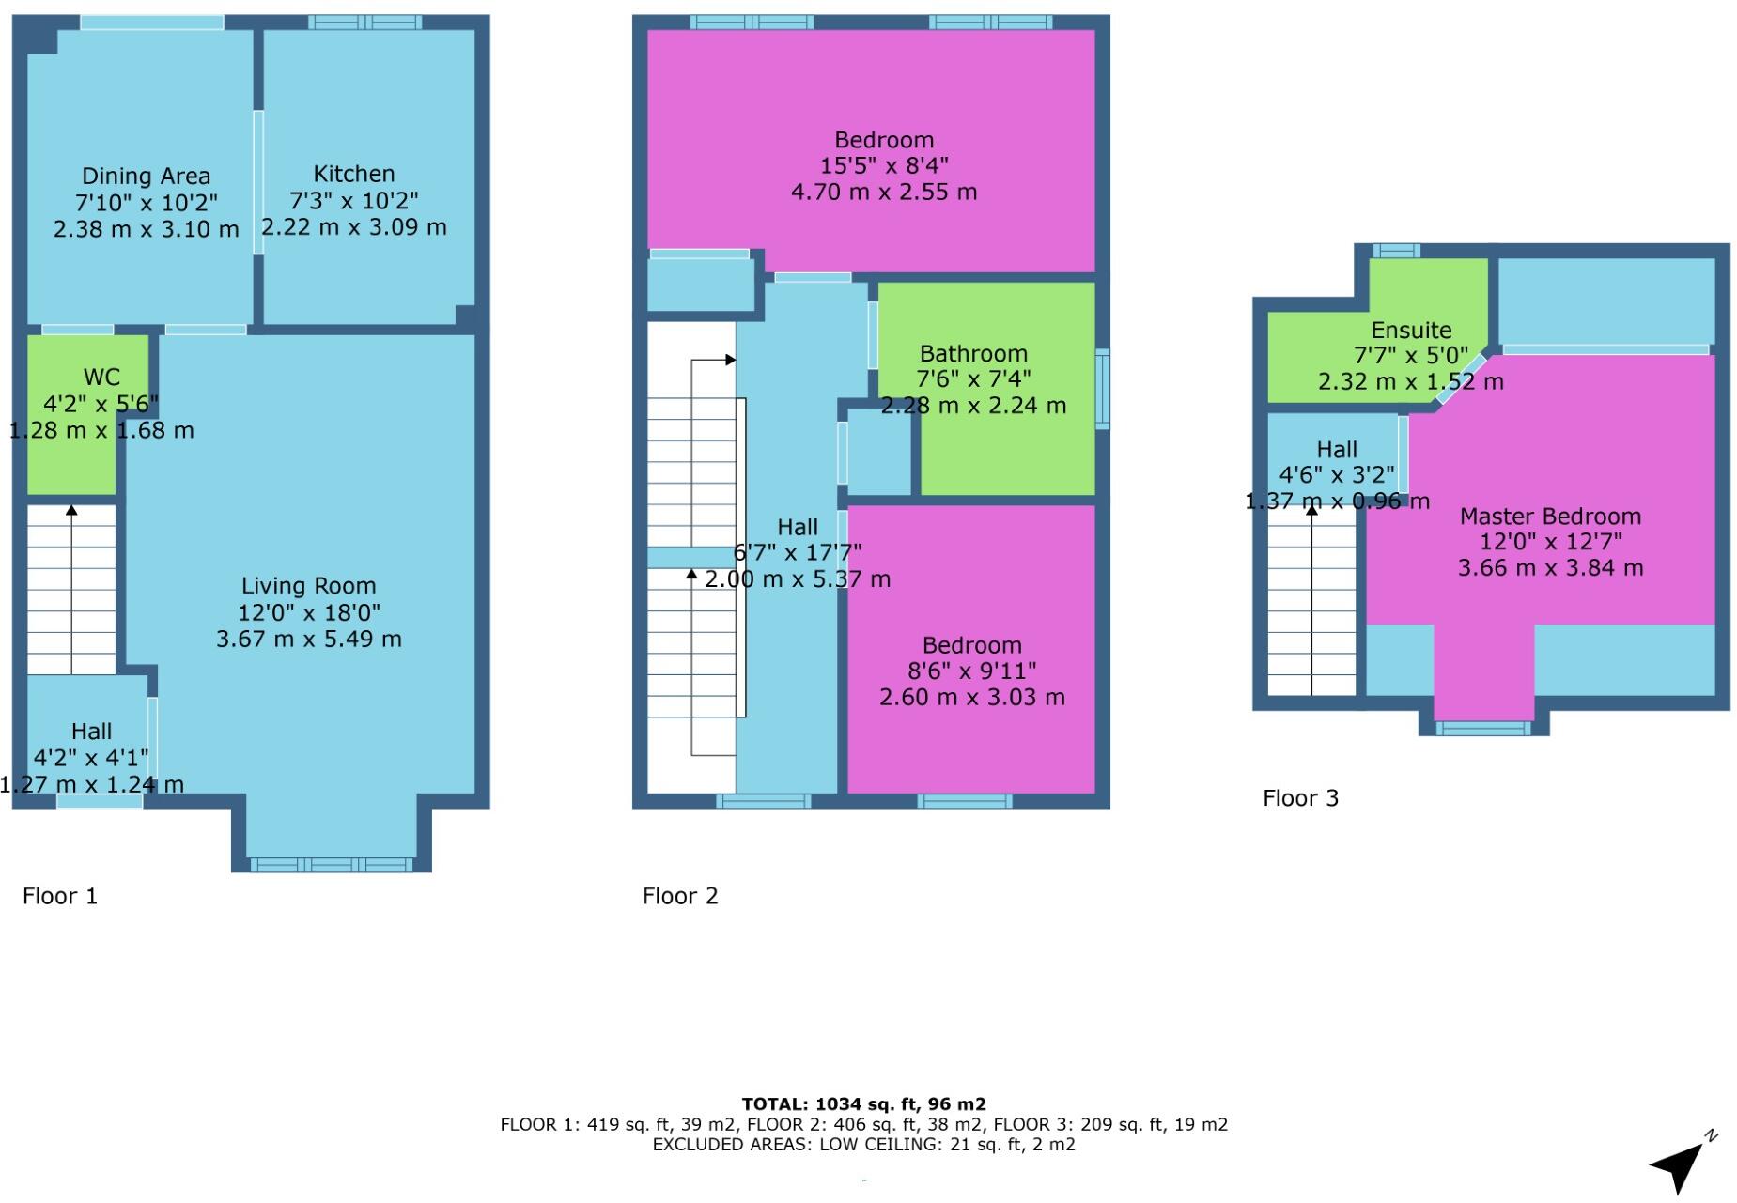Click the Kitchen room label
point(353,174)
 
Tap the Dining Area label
point(146,176)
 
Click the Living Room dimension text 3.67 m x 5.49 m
point(308,640)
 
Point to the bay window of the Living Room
point(331,864)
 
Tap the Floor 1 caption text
point(60,896)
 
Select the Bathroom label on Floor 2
point(973,354)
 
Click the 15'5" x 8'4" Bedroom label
point(883,165)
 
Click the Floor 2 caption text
point(680,896)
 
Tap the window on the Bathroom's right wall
point(1103,389)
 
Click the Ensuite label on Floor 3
point(1411,331)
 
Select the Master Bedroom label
point(1550,517)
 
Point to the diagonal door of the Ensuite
point(1461,379)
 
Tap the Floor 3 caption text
point(1300,798)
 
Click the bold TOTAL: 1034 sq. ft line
point(863,1104)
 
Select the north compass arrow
point(1682,1164)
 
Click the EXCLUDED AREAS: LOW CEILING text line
point(863,1145)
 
